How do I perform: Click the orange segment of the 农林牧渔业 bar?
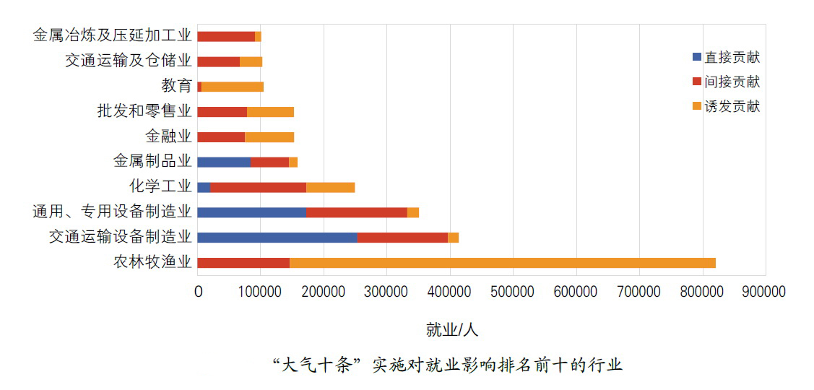[x=502, y=262]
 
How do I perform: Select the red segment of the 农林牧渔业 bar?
[x=243, y=262]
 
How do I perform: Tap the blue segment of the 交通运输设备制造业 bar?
[x=277, y=237]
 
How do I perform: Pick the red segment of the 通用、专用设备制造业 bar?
[x=356, y=212]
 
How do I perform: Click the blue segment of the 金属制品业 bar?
[x=224, y=162]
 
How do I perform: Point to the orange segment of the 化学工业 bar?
[x=330, y=187]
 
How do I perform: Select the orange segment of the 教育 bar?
[x=233, y=87]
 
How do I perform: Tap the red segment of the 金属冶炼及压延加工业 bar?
[x=226, y=36]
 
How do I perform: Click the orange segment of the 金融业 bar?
[x=269, y=136]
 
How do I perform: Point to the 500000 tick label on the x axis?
[x=512, y=292]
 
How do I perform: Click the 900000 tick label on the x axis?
[x=764, y=292]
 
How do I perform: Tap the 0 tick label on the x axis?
[x=198, y=292]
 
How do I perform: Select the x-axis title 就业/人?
[x=452, y=330]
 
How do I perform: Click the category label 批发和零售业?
[x=144, y=111]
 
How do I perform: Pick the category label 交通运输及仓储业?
[x=129, y=61]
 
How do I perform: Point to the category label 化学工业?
[x=160, y=187]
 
